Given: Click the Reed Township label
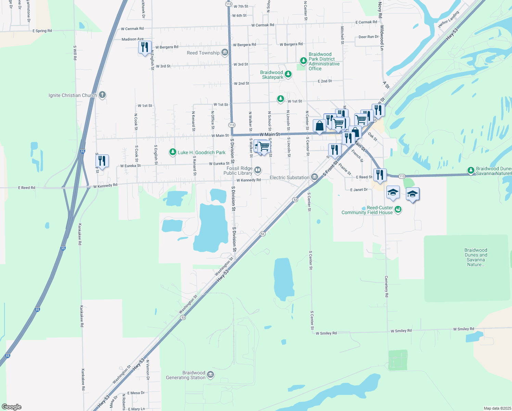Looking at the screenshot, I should point(203,53).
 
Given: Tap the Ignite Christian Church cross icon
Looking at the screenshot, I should point(102,95).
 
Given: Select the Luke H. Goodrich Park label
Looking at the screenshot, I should point(202,152).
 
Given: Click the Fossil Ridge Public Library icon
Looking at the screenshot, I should point(258,170).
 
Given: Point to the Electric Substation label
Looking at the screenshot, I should point(289,177).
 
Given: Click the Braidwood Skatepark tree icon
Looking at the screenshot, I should point(288,74).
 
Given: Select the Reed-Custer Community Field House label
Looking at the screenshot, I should point(367,210).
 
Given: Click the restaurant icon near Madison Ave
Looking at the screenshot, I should point(145,47).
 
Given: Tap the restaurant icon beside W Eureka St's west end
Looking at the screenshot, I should point(102,161).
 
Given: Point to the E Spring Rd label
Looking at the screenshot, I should point(42,31).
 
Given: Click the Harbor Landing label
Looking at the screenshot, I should point(449,20).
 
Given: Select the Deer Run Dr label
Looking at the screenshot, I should point(369,37).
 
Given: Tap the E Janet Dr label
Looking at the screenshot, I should point(359,189).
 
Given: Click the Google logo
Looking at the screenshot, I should point(12,407).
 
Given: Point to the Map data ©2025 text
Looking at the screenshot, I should point(497,408).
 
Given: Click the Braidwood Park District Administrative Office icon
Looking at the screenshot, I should point(303,61).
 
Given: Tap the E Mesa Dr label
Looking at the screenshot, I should point(136,393).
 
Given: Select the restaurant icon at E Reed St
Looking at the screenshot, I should point(380,175).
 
